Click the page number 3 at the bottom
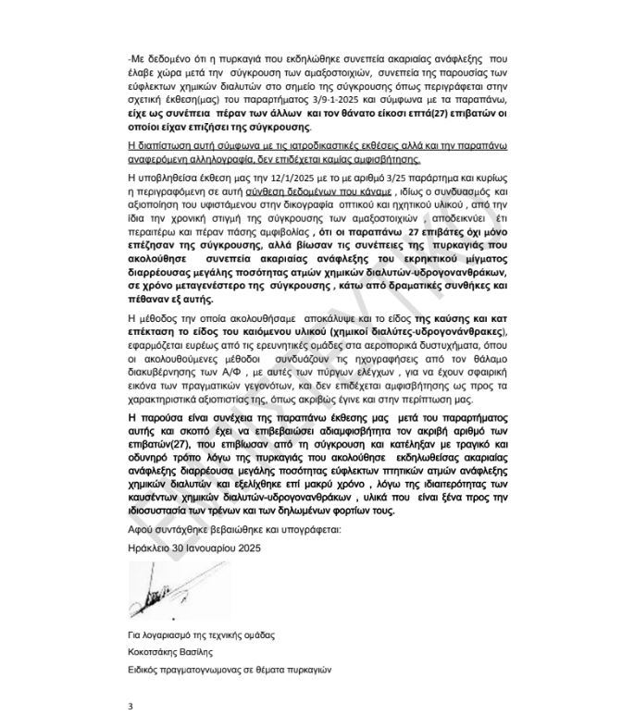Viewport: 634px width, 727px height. tap(131, 706)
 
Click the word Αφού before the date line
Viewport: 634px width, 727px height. tap(142, 529)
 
